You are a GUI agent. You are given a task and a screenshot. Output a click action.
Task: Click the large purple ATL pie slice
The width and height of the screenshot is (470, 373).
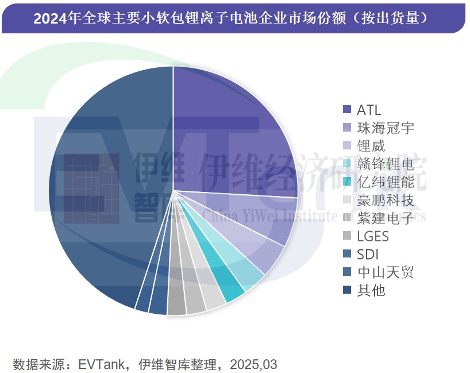pyautogui.click(x=230, y=132)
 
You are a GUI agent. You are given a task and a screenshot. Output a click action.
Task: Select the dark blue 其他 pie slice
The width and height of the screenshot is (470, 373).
pyautogui.click(x=103, y=190)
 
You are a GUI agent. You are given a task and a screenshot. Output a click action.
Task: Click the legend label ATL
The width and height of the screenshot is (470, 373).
pyautogui.click(x=369, y=110)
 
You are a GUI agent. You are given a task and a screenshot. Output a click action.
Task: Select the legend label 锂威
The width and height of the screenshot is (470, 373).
pyautogui.click(x=371, y=146)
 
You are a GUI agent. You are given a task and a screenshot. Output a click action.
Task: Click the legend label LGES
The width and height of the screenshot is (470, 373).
pyautogui.click(x=373, y=236)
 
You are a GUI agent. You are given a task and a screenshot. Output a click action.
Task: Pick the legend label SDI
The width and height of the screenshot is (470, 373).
pyautogui.click(x=368, y=254)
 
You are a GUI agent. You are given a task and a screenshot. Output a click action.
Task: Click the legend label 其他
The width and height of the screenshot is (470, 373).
pyautogui.click(x=371, y=290)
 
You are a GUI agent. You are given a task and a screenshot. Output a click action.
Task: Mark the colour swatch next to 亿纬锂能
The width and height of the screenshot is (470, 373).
pyautogui.click(x=346, y=182)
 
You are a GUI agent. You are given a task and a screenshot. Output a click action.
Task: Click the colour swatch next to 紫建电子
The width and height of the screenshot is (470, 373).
pyautogui.click(x=346, y=218)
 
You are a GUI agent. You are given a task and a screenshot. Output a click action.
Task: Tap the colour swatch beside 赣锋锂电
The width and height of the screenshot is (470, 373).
pyautogui.click(x=346, y=164)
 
